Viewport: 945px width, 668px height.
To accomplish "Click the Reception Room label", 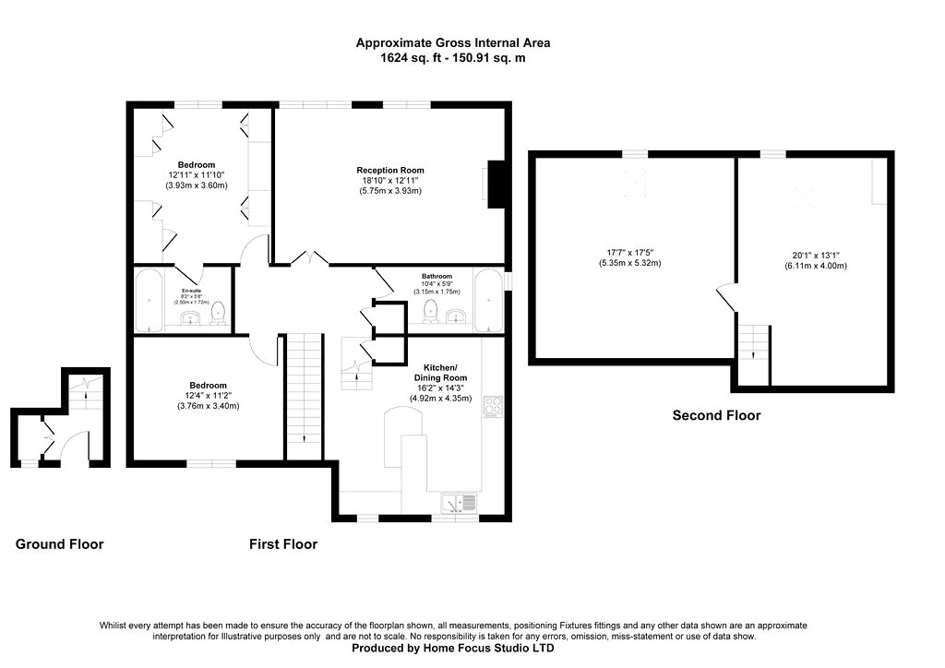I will (x=390, y=170).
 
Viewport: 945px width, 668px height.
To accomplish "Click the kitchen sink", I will (x=458, y=503).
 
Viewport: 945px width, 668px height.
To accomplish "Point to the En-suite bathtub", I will (x=148, y=300).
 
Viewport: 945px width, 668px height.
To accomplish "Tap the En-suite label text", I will (x=191, y=290).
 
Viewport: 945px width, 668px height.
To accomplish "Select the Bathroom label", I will (x=437, y=277).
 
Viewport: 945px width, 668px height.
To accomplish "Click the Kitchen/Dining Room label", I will (x=439, y=372).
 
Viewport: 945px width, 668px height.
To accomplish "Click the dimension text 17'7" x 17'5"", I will (x=630, y=252).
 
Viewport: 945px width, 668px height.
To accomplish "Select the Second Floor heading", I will (x=716, y=415).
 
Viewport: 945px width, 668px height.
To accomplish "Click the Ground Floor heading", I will (x=60, y=544).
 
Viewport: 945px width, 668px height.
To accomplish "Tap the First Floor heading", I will (x=283, y=544).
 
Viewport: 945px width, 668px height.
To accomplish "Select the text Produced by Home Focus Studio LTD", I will (x=453, y=649).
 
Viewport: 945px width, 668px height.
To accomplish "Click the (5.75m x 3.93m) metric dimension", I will (x=390, y=191).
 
